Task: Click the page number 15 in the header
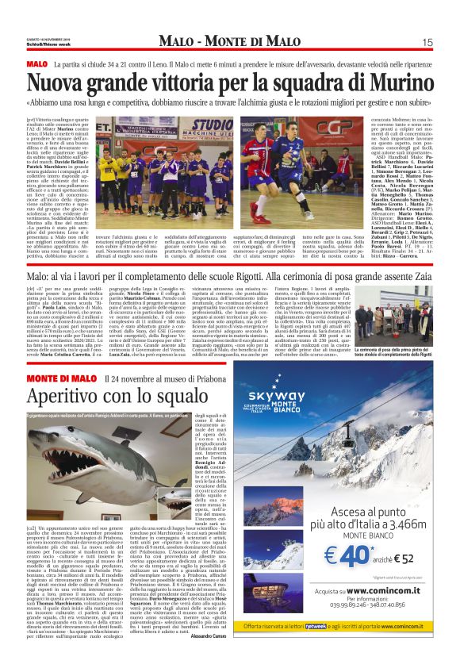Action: [427, 42]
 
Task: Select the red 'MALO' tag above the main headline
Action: [37, 63]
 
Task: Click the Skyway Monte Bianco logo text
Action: [300, 399]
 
